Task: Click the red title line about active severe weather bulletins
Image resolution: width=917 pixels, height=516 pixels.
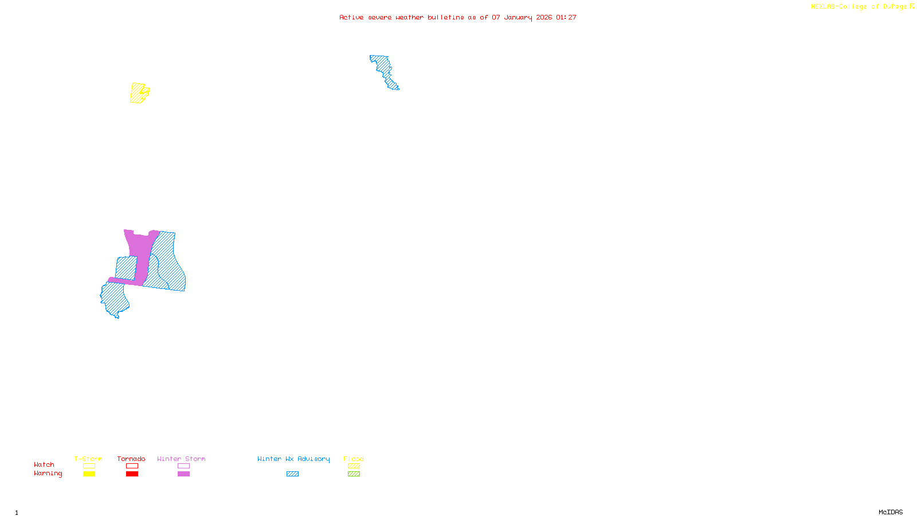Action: pos(457,17)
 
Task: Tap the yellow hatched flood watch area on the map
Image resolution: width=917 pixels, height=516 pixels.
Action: pos(138,93)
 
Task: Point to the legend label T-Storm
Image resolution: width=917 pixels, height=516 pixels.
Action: pos(88,459)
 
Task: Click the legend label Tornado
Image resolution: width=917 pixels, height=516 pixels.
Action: pos(131,459)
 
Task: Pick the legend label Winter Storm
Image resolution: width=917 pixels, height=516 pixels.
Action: pos(181,459)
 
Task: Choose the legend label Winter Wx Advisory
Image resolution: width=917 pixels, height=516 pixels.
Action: pos(293,459)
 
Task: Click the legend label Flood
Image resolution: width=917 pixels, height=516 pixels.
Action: pos(354,459)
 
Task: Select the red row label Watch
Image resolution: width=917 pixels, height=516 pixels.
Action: pos(44,464)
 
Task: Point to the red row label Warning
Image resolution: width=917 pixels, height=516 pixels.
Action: pos(48,474)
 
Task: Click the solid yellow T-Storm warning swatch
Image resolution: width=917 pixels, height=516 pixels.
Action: pos(89,474)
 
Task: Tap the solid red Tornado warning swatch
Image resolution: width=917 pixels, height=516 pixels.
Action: pos(132,474)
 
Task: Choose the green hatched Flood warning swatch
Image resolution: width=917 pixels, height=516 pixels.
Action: pos(354,474)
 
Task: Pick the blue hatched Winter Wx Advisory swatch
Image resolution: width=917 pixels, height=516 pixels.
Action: pos(292,474)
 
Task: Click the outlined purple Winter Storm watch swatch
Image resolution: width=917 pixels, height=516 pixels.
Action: pos(183,466)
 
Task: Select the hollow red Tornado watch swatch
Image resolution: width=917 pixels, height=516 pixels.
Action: pos(132,466)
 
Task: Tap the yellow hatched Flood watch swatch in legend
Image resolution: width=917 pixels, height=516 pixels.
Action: pos(354,466)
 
